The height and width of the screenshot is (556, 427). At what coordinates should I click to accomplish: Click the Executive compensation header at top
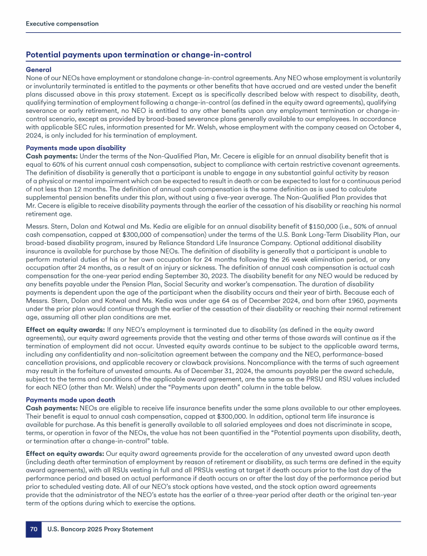(62, 24)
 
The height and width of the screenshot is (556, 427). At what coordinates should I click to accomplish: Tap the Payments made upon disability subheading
(76, 147)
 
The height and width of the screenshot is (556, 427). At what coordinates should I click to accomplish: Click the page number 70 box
(33, 529)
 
